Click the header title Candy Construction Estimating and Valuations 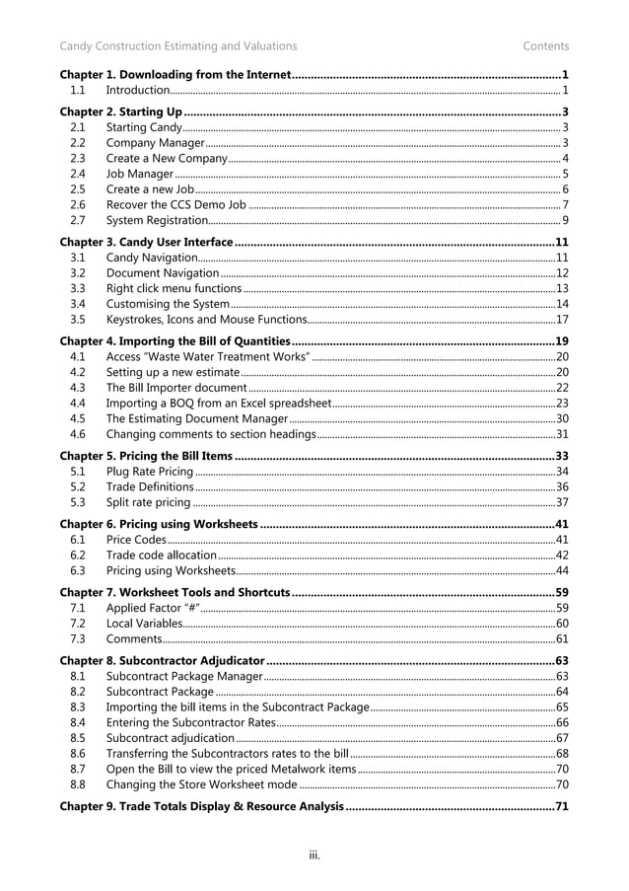[x=177, y=45]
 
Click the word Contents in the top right [x=545, y=45]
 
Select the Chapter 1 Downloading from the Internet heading [x=175, y=75]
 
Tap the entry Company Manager [x=155, y=143]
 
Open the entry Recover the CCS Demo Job [x=175, y=204]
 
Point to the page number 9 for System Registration [x=564, y=219]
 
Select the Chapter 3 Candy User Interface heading [x=146, y=242]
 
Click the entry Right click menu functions [x=174, y=288]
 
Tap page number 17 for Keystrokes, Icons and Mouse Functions [x=562, y=319]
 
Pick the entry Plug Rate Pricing [x=149, y=472]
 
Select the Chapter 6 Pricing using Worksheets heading [x=160, y=524]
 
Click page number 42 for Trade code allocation [x=562, y=555]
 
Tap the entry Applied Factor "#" [x=150, y=608]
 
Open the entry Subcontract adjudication [x=170, y=737]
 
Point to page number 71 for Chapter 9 [x=562, y=807]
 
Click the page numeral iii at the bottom [x=314, y=854]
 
